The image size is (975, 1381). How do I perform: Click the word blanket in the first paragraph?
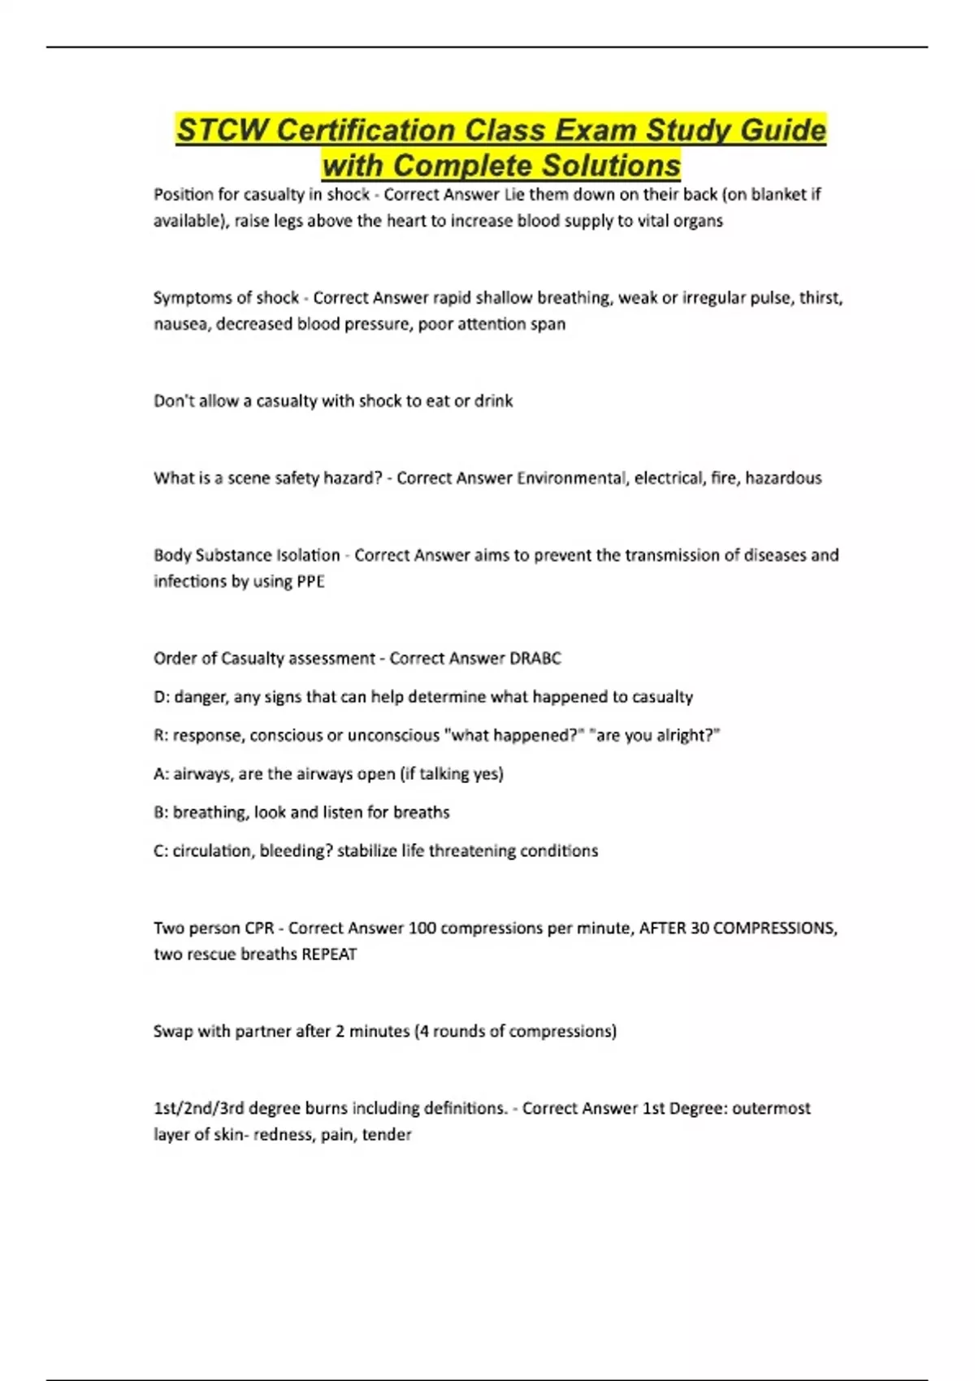pyautogui.click(x=778, y=194)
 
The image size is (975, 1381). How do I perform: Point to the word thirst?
pyautogui.click(x=821, y=297)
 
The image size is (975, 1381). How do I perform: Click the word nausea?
pyautogui.click(x=180, y=323)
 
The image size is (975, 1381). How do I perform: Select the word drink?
pyautogui.click(x=493, y=400)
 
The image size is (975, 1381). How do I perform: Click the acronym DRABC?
pyautogui.click(x=535, y=658)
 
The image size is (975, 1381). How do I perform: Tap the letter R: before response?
pyautogui.click(x=161, y=735)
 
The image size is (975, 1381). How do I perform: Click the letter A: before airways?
pyautogui.click(x=161, y=773)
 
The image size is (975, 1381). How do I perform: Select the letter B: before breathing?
pyautogui.click(x=161, y=812)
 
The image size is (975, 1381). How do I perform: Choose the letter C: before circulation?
pyautogui.click(x=161, y=851)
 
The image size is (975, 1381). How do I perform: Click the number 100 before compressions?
pyautogui.click(x=422, y=928)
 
